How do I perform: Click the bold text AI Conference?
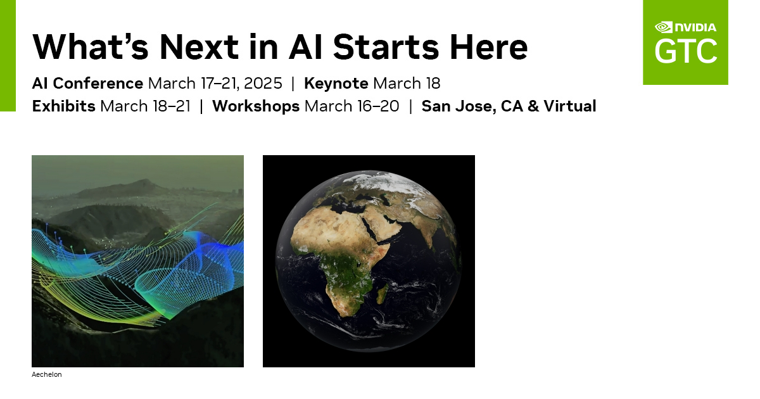point(87,84)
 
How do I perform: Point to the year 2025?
point(263,84)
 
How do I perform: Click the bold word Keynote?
point(336,84)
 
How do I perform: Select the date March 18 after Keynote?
point(407,84)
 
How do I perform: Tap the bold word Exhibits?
point(64,106)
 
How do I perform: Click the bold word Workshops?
point(256,106)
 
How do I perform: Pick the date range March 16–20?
point(352,106)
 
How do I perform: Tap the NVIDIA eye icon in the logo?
point(663,27)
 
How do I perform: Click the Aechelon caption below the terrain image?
point(47,375)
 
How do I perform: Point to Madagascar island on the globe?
point(382,294)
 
